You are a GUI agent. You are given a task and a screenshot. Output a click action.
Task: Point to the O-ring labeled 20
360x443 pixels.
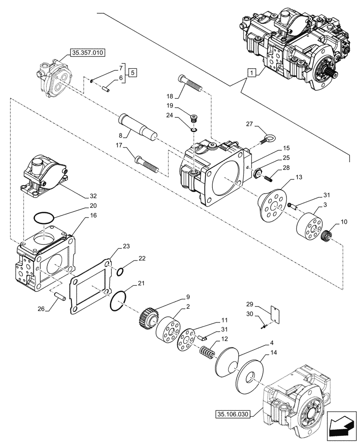pyautogui.click(x=45, y=218)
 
